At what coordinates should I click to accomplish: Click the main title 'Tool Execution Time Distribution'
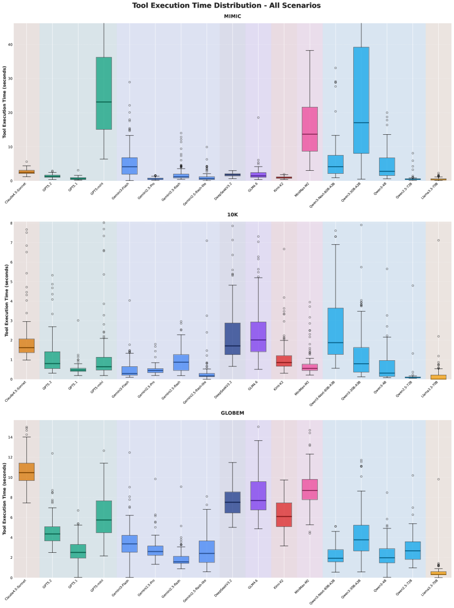click(226, 6)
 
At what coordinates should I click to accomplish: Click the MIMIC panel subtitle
click(232, 16)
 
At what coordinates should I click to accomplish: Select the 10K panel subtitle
click(232, 215)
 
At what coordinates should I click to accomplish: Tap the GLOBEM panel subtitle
click(232, 413)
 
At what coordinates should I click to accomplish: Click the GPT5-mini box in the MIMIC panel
click(104, 93)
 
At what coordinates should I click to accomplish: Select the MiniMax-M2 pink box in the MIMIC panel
click(310, 129)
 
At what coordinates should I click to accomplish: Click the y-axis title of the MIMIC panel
click(5, 102)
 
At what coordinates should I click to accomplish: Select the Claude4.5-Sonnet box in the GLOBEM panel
click(26, 471)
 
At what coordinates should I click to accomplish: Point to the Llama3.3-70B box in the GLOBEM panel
click(438, 573)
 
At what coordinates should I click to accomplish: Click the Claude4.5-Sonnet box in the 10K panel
click(26, 346)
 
